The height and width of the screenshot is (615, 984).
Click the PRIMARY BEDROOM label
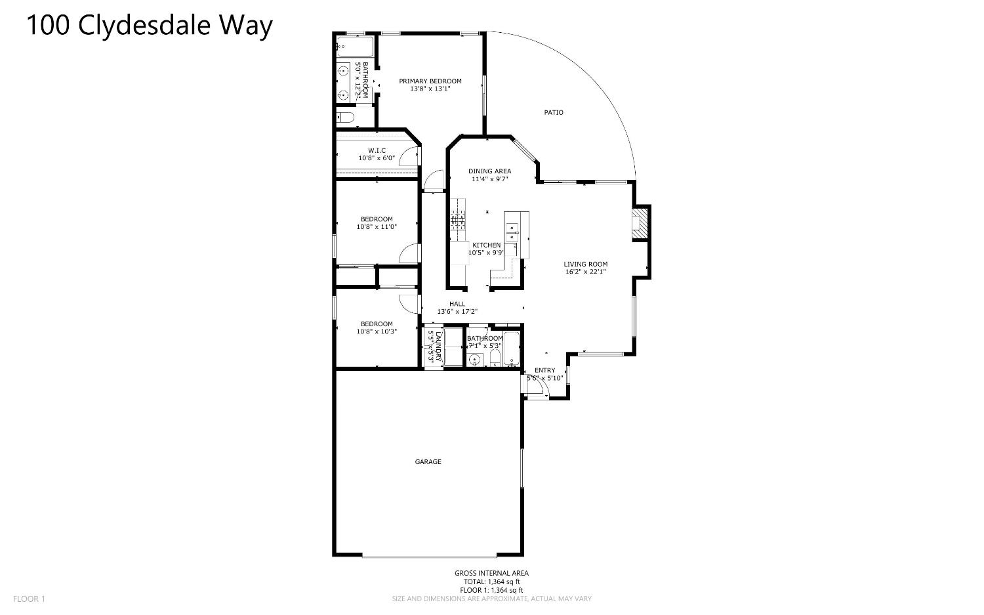pyautogui.click(x=430, y=81)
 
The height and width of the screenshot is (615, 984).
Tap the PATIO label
pyautogui.click(x=554, y=112)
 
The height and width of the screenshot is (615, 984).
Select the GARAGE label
pyautogui.click(x=428, y=462)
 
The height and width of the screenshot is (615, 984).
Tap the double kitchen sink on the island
pyautogui.click(x=512, y=229)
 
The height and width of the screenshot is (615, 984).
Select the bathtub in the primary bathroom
pyautogui.click(x=355, y=47)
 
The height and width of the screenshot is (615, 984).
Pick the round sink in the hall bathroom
pyautogui.click(x=475, y=358)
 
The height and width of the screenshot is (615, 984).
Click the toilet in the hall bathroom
pyautogui.click(x=495, y=358)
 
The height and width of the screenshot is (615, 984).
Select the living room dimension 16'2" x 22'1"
pyautogui.click(x=585, y=272)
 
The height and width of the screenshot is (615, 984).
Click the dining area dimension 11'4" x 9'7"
pyautogui.click(x=489, y=179)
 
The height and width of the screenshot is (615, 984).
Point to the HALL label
pyautogui.click(x=457, y=304)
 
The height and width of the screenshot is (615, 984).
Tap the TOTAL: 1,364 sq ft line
pyautogui.click(x=492, y=582)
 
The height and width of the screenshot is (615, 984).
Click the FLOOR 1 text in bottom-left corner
pyautogui.click(x=30, y=599)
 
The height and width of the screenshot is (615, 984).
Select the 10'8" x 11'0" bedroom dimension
pyautogui.click(x=377, y=227)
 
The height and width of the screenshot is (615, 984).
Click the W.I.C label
pyautogui.click(x=377, y=151)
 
